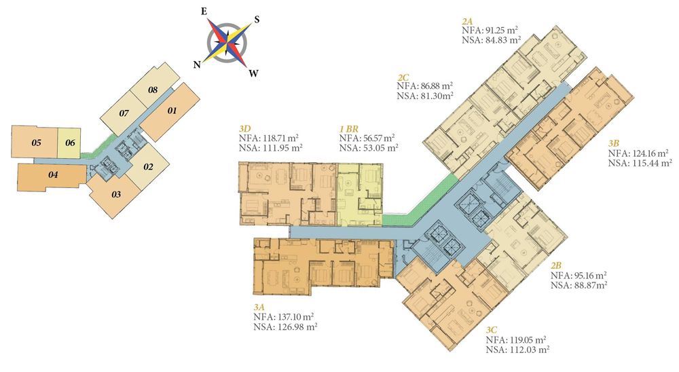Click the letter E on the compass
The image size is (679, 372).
coord(204,12)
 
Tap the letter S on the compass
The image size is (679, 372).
coord(257,20)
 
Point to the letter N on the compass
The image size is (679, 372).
coord(197,65)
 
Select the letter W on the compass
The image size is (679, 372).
coord(254,73)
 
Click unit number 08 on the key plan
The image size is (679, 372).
coord(152,90)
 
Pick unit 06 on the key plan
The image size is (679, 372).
coord(70,143)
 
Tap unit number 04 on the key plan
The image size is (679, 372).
coord(53,175)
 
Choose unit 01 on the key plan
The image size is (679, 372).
coord(172,111)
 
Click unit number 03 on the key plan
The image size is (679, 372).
coord(116,194)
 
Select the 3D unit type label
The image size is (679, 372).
coord(244,128)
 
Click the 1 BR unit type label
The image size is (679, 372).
coord(348,128)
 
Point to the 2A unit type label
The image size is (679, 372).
coord(467,21)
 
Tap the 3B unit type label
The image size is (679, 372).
coord(614,143)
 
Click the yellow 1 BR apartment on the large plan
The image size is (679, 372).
coord(359,194)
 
